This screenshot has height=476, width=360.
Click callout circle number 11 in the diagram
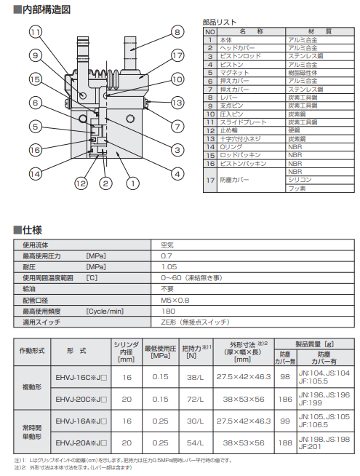pyautogui.click(x=34, y=31)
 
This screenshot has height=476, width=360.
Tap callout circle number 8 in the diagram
pyautogui.click(x=177, y=31)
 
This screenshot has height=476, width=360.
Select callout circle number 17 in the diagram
pyautogui.click(x=177, y=55)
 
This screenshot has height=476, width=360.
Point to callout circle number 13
pyautogui.click(x=177, y=103)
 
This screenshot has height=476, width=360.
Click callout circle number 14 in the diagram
pyautogui.click(x=34, y=173)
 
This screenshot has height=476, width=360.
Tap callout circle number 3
pyautogui.click(x=177, y=150)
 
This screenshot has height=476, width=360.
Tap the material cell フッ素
pyautogui.click(x=297, y=188)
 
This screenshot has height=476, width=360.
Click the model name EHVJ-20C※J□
pyautogui.click(x=81, y=400)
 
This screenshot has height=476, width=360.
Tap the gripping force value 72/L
pyautogui.click(x=193, y=400)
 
